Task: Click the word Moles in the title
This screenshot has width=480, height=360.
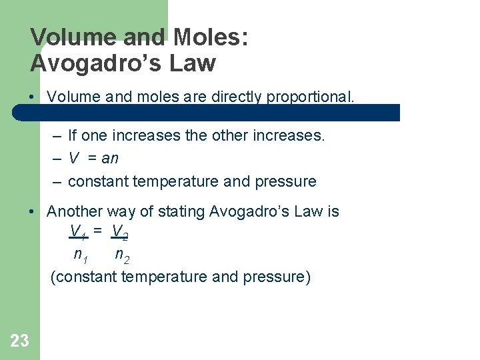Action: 207,37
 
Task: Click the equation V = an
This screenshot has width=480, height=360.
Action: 93,159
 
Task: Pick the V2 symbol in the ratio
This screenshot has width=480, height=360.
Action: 120,232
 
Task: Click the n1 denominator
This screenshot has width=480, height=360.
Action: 81,255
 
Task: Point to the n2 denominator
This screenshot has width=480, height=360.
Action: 122,255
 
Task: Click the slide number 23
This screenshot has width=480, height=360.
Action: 19,341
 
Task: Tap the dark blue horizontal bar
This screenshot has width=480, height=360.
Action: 207,113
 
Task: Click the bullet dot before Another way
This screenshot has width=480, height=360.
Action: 32,212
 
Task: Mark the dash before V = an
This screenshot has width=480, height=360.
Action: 57,159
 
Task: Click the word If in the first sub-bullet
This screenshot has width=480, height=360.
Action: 73,136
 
